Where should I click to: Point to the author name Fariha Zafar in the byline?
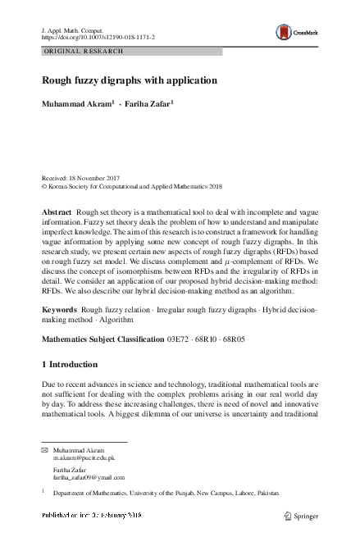[x=149, y=105]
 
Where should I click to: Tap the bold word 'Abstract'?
[x=57, y=212]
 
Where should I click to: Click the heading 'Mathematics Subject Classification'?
[x=103, y=361]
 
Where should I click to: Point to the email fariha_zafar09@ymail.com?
[x=89, y=477]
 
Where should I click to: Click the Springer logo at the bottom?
[x=299, y=515]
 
